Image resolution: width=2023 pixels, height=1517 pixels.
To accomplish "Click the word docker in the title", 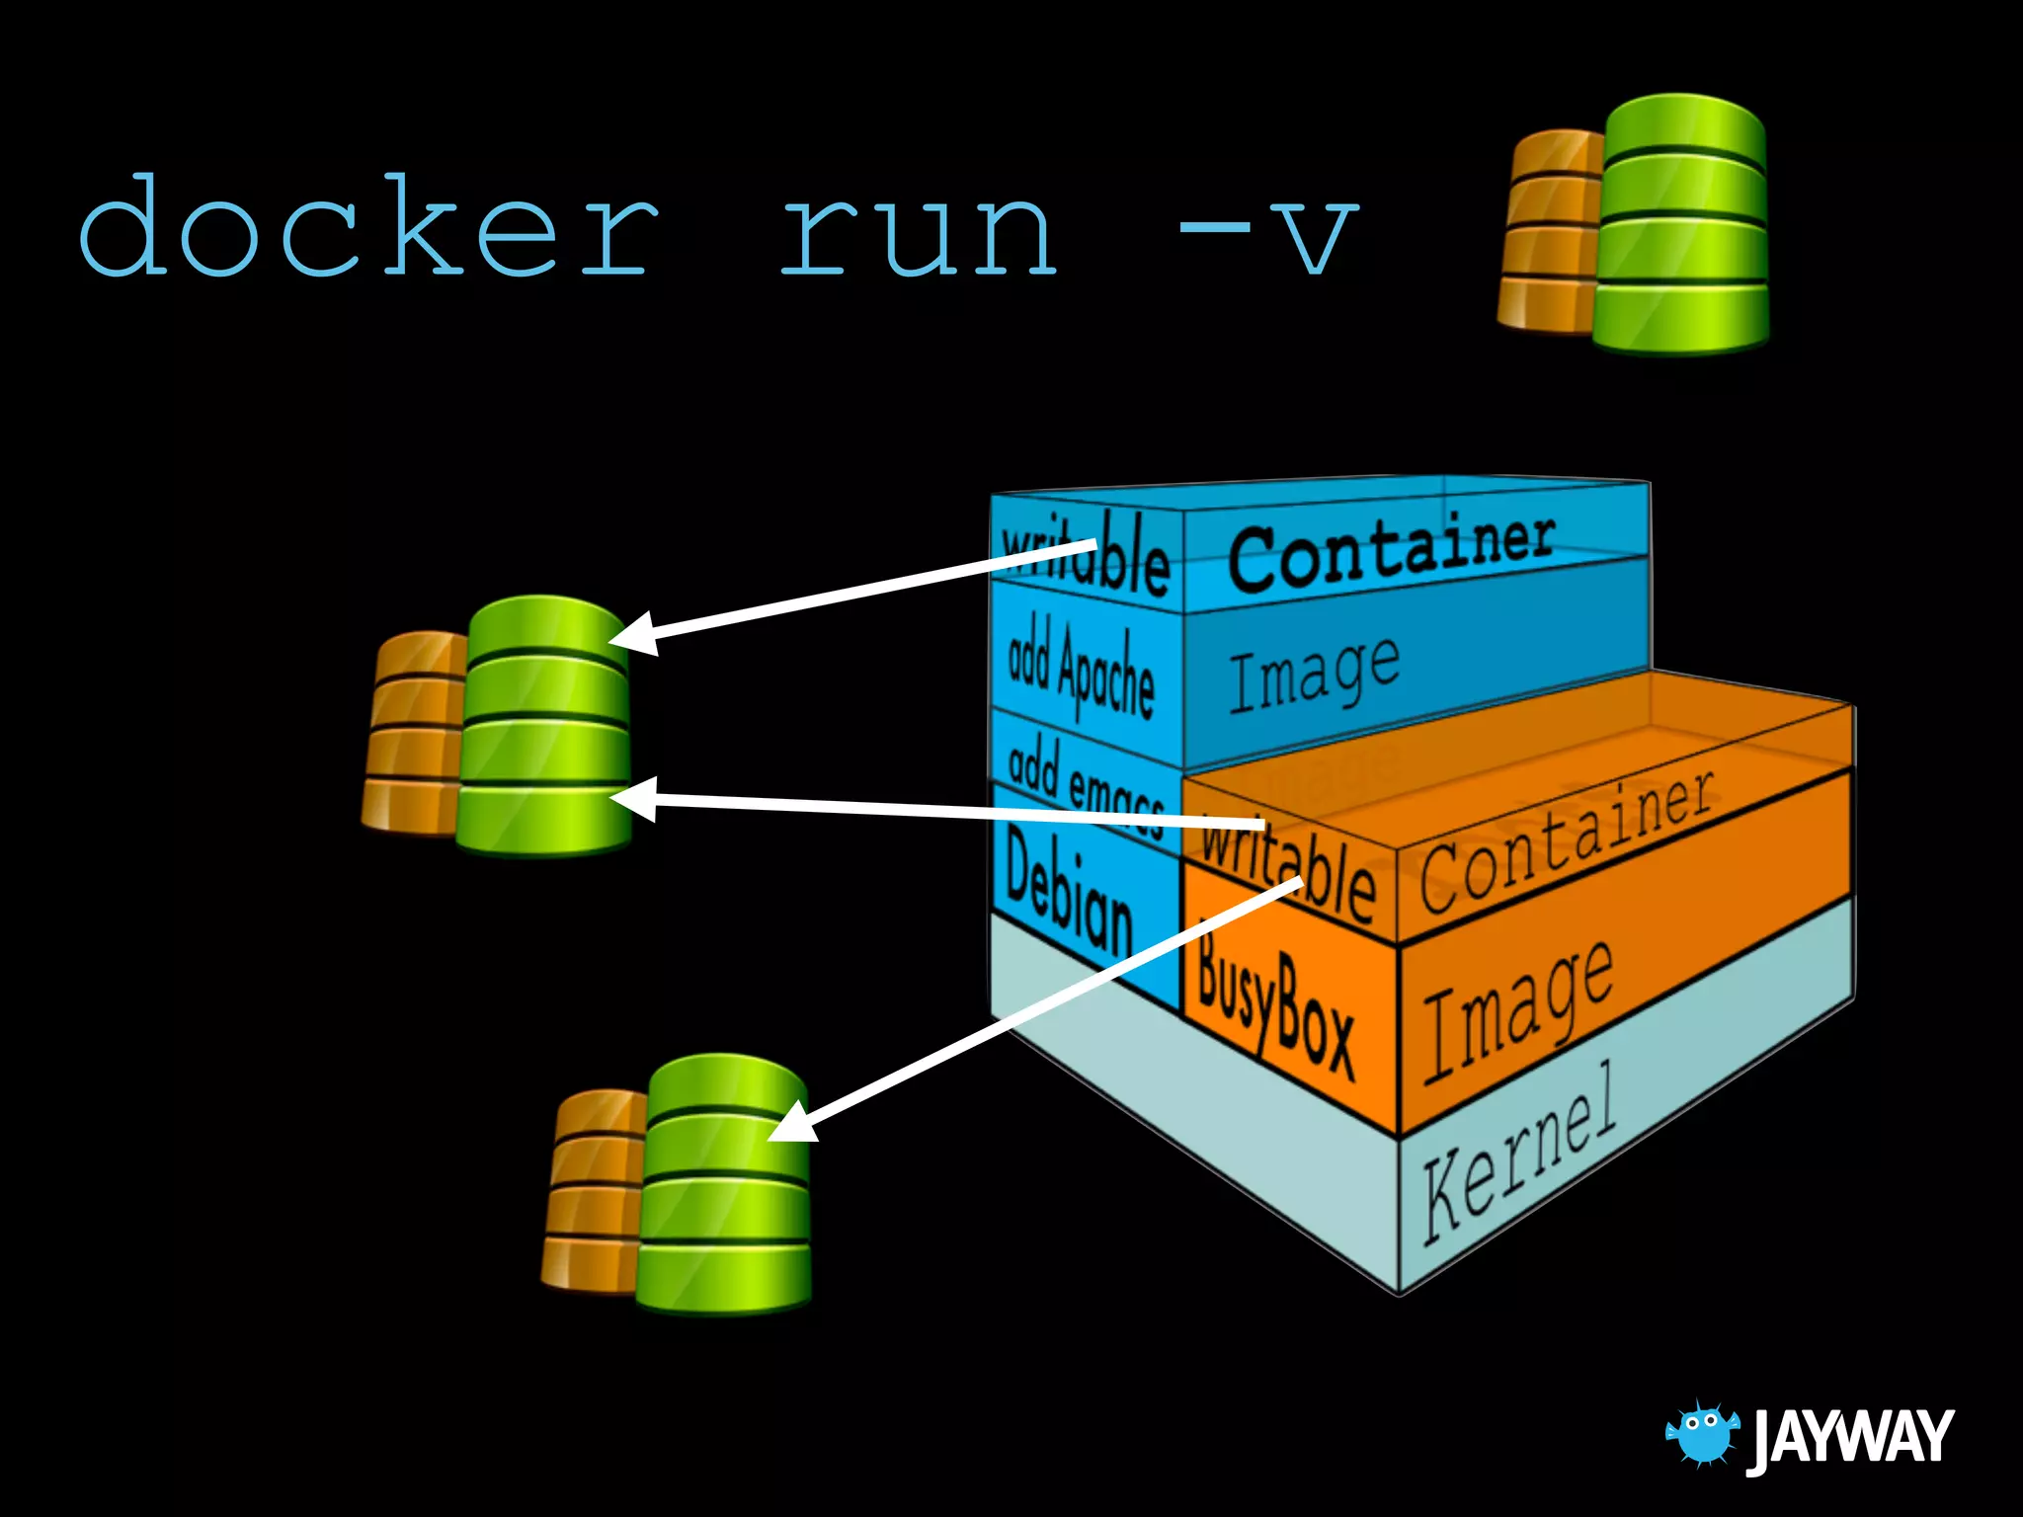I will point(367,227).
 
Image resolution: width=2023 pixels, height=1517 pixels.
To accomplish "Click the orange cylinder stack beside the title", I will point(1549,232).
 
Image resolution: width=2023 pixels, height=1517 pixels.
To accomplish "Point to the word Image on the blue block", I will point(1314,674).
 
